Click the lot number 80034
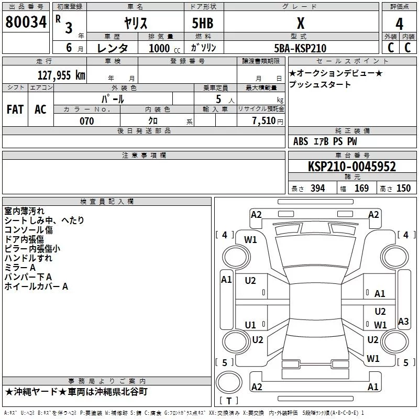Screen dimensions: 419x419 pos(26,21)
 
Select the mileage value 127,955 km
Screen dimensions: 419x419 pos(61,75)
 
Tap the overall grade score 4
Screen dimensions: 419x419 pos(399,24)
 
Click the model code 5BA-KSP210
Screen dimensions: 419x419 pos(300,48)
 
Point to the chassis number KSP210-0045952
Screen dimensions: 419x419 pos(352,167)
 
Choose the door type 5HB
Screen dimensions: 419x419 pos(203,23)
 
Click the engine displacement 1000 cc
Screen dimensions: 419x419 pos(164,48)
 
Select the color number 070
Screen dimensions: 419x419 pos(87,121)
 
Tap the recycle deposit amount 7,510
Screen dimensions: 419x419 pos(264,121)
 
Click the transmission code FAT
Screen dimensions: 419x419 pos(15,109)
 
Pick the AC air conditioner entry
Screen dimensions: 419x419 pos(41,109)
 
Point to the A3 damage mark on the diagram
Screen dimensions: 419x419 pos(403,321)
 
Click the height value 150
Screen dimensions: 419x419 pos(403,188)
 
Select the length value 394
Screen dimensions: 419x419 pos(318,188)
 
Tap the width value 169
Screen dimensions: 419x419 pos(361,188)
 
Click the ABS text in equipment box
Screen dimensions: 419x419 pos(301,141)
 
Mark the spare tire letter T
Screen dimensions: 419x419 pos(229,401)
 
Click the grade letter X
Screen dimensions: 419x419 pos(301,23)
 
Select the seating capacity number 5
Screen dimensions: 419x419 pos(218,99)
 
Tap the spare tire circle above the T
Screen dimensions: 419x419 pos(229,382)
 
